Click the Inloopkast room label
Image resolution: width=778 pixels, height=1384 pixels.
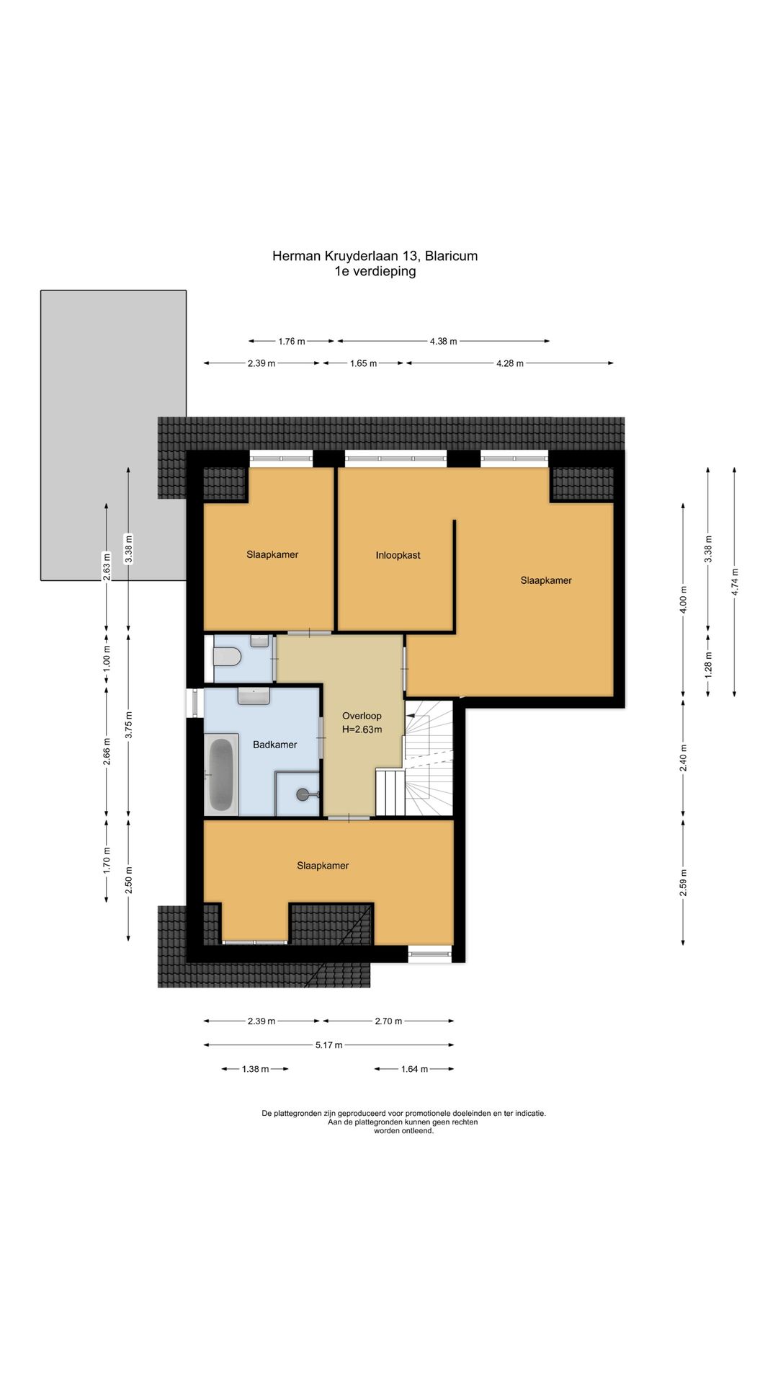tap(398, 555)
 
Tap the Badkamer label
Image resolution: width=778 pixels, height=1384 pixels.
tap(274, 745)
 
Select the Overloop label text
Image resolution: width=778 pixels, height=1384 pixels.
tap(362, 716)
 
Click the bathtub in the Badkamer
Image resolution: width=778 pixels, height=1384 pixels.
tap(221, 774)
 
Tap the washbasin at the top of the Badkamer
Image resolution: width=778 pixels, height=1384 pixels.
tap(254, 696)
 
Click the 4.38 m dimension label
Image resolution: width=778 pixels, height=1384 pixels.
tap(443, 341)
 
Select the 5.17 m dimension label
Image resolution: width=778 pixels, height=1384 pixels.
tap(328, 1044)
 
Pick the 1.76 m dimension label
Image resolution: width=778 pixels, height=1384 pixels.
tap(291, 341)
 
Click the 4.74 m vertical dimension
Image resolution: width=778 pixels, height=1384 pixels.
tap(735, 582)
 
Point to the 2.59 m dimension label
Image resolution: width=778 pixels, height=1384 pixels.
tap(683, 882)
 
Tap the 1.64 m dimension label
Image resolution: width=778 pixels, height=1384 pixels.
tap(414, 1069)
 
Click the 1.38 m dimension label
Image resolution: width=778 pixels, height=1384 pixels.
tap(255, 1069)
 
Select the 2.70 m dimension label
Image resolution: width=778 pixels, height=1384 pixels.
tap(388, 1021)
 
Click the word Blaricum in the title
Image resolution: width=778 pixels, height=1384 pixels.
tap(451, 256)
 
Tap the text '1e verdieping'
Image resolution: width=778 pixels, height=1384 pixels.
tap(375, 272)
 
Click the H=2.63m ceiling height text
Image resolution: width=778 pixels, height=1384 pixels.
tap(362, 729)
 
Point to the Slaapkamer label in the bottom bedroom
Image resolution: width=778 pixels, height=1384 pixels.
tap(323, 866)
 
